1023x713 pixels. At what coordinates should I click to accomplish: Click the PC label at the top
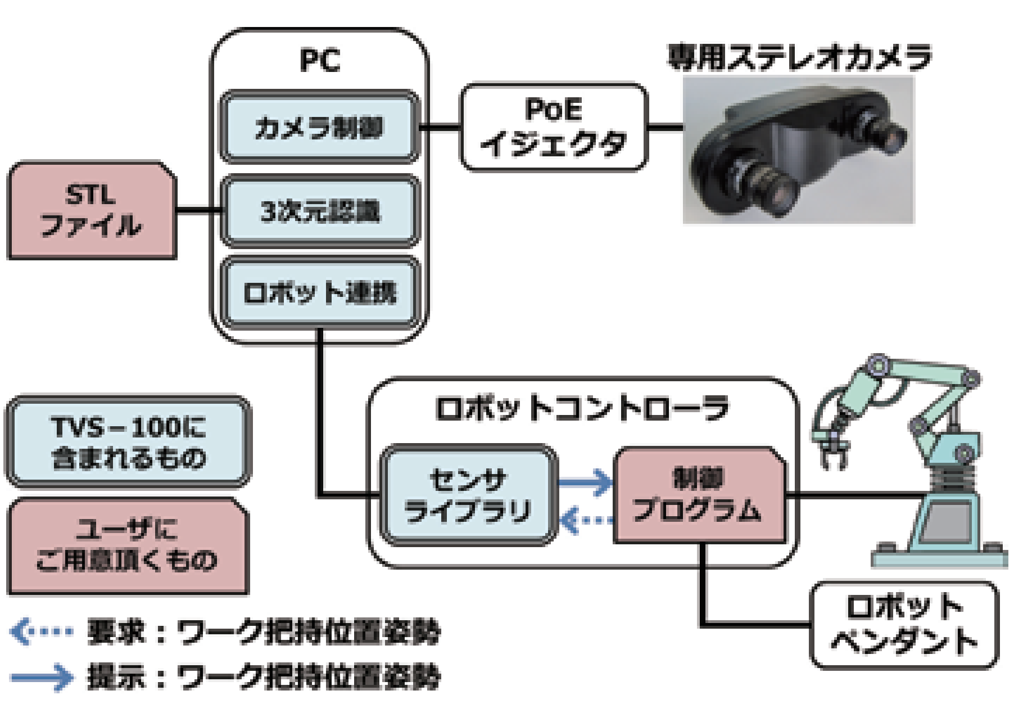point(319,60)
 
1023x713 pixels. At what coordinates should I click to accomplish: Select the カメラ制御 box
point(319,128)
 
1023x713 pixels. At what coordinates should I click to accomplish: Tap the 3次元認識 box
point(319,211)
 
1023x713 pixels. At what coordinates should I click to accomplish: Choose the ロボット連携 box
point(319,293)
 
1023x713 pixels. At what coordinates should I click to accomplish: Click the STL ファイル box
point(91,211)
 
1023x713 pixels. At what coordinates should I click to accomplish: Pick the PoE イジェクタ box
point(553,127)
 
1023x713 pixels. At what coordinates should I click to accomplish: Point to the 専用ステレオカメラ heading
point(799,57)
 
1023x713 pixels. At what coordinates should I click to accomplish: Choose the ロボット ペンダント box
point(903,625)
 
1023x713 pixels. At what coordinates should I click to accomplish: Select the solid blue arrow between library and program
point(585,482)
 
